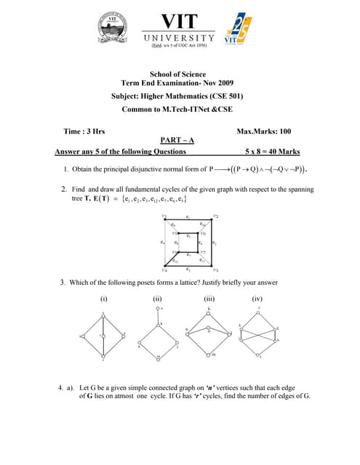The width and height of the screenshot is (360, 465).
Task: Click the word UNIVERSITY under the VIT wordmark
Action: click(178, 38)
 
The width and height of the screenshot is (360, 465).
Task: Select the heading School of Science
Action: click(177, 74)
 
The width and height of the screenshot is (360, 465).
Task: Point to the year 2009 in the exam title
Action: click(222, 84)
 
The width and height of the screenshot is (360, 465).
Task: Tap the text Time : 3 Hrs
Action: click(84, 132)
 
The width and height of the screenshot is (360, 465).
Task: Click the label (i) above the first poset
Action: click(103, 299)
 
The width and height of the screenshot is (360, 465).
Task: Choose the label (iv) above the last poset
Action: click(257, 299)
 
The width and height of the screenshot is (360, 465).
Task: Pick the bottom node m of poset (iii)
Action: click(209, 354)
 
